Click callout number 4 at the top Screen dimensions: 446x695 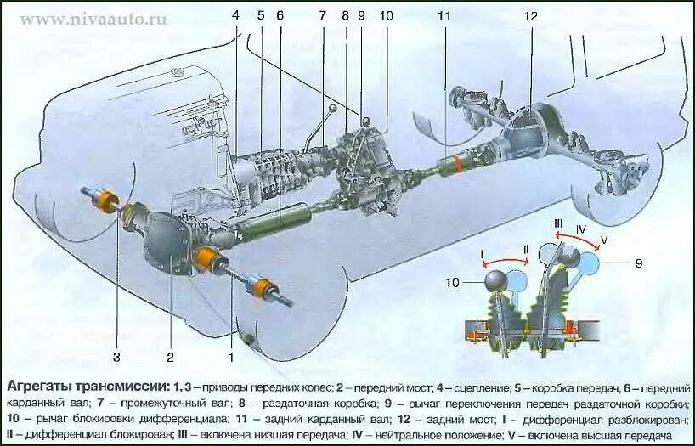coord(235,16)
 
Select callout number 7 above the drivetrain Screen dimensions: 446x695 coord(322,16)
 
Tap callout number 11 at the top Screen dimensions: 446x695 coord(444,16)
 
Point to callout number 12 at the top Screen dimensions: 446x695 coord(531,16)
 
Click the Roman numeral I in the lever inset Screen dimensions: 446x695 coord(482,254)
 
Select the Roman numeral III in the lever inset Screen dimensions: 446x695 coord(558,223)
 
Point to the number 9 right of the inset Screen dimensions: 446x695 coord(638,264)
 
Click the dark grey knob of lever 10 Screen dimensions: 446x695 coord(496,279)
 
